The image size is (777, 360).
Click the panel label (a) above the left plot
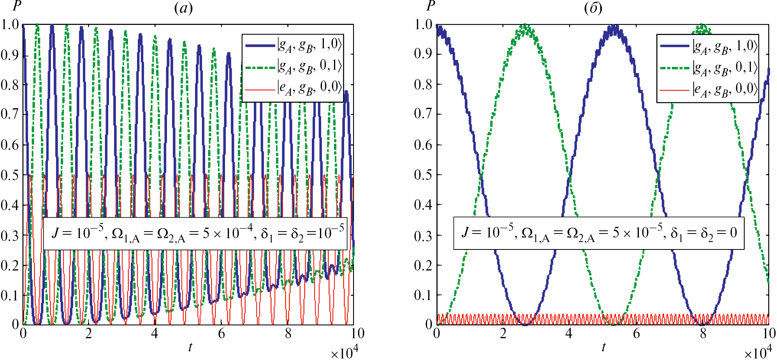183,8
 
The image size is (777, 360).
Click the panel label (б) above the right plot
593,8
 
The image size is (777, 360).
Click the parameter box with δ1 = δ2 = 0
599,234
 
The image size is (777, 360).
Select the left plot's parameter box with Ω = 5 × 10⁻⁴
195,234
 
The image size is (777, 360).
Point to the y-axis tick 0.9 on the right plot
423,54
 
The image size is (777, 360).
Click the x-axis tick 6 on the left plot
221,334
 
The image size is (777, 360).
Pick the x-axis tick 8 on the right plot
703,334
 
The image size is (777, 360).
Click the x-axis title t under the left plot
190,347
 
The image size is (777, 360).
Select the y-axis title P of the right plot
430,6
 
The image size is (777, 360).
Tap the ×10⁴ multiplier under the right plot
758,353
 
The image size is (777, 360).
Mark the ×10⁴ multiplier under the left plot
344,353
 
